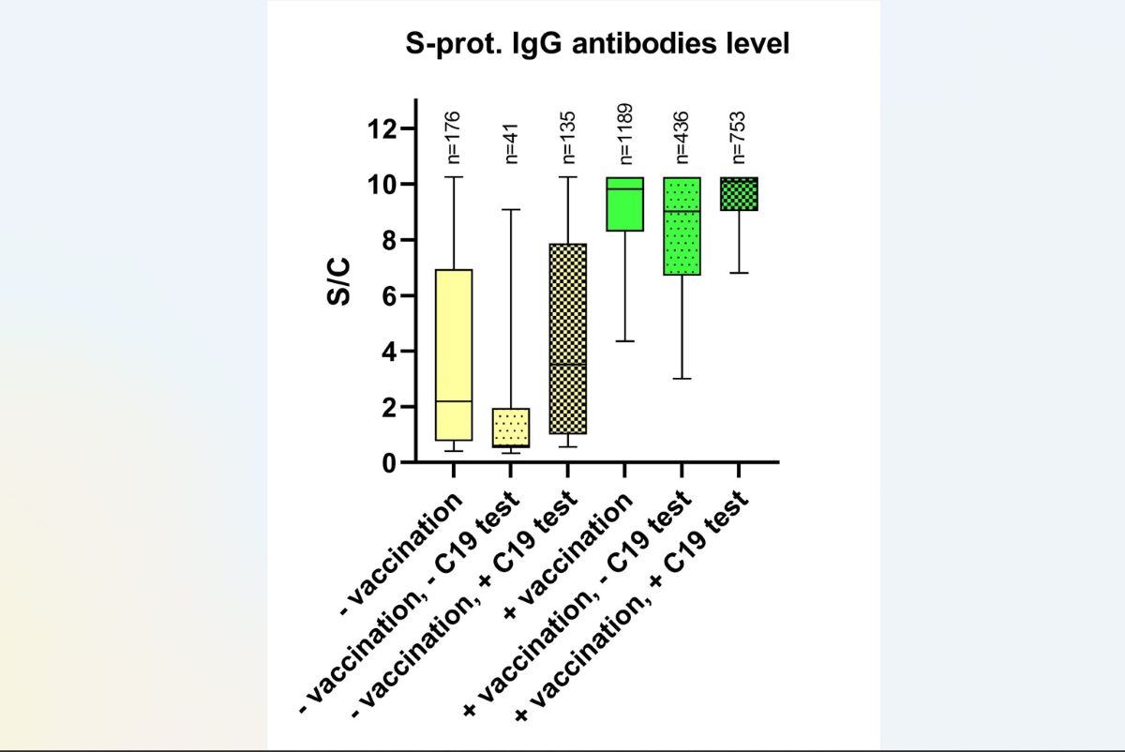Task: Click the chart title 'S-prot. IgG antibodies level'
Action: (x=597, y=44)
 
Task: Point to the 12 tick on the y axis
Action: (x=382, y=128)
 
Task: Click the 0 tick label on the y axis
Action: (x=387, y=463)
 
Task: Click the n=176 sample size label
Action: (x=454, y=136)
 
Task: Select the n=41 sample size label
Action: (x=511, y=142)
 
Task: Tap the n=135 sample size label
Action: (x=568, y=136)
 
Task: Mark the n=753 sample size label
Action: (x=739, y=136)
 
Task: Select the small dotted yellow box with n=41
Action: (x=511, y=428)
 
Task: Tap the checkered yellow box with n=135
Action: (x=568, y=338)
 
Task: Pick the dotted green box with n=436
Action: (x=682, y=226)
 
